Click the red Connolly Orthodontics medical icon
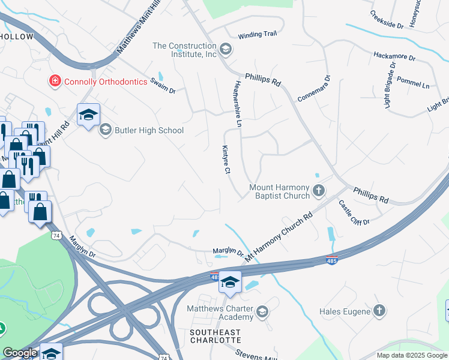tap(55, 80)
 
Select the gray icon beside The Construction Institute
tap(226, 49)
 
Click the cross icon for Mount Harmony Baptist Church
tap(319, 191)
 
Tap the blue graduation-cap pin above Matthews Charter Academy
tap(229, 281)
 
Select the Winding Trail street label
tap(257, 35)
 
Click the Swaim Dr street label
tap(163, 85)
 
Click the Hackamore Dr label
tap(394, 57)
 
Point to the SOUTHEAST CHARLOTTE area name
tap(215, 336)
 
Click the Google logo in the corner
tap(20, 353)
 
